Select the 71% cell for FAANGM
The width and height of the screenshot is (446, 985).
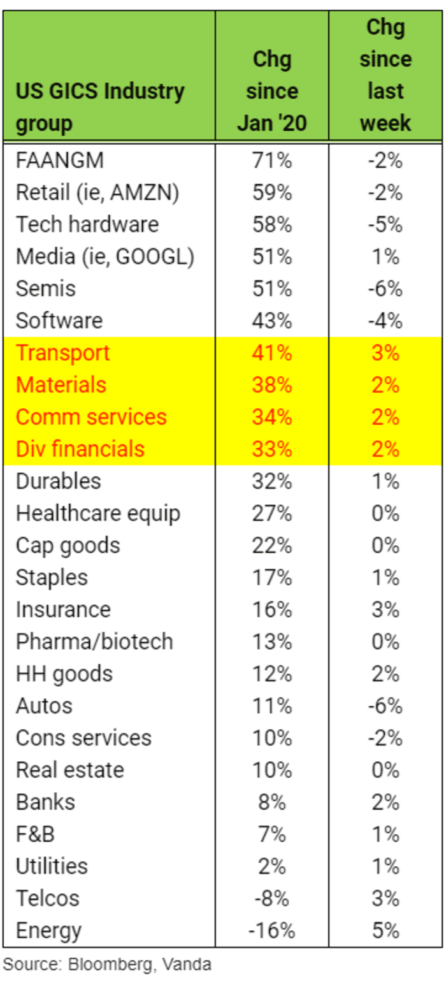click(x=271, y=161)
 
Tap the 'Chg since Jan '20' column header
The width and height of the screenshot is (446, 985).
click(x=271, y=91)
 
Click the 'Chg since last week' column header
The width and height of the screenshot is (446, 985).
click(x=385, y=75)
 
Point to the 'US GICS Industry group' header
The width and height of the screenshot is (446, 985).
click(x=100, y=106)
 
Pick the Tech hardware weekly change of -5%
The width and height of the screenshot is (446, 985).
click(x=385, y=224)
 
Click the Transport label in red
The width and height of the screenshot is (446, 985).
click(x=62, y=353)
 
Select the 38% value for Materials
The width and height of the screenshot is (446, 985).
click(x=271, y=385)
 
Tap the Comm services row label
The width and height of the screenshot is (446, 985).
click(x=90, y=417)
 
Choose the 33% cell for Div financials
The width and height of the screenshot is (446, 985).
click(x=271, y=449)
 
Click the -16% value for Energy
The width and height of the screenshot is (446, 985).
click(x=271, y=930)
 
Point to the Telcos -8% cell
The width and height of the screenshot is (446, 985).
click(x=271, y=898)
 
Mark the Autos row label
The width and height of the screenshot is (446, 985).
click(x=44, y=706)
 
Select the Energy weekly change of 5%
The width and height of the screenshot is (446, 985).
click(x=386, y=930)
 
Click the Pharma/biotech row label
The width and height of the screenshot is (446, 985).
click(x=94, y=641)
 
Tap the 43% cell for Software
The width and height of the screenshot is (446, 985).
click(x=271, y=321)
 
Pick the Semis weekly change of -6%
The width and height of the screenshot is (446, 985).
click(x=385, y=289)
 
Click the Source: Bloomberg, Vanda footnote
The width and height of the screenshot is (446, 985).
click(x=107, y=965)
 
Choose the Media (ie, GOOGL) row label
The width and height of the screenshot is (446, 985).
click(x=104, y=257)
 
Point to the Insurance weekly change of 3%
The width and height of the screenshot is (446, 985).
click(x=386, y=609)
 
